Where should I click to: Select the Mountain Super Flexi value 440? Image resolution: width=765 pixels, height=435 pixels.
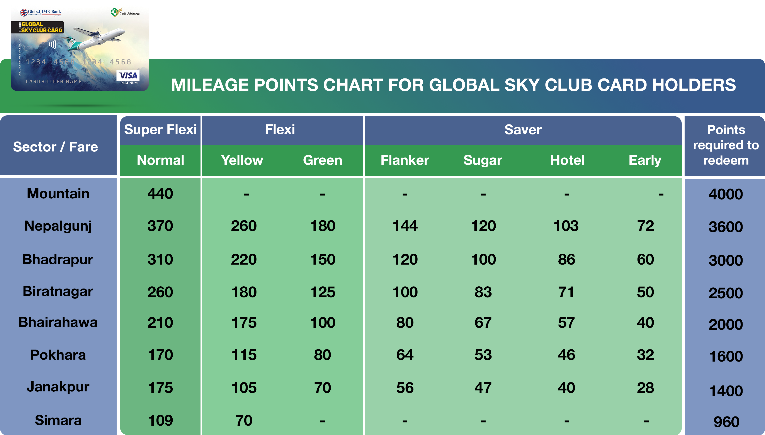(160, 194)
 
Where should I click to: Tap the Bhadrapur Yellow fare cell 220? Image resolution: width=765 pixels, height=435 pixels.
(244, 259)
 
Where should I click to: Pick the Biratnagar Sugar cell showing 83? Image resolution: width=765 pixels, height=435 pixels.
(483, 292)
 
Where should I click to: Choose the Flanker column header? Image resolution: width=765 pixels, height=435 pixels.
(405, 160)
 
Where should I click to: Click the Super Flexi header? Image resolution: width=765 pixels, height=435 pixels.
(160, 130)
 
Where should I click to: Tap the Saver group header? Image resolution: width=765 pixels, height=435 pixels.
(523, 130)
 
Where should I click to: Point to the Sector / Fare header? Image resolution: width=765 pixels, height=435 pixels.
(56, 147)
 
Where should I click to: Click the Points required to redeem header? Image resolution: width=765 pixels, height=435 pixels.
(726, 145)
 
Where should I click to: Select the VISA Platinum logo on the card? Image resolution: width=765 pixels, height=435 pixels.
(128, 77)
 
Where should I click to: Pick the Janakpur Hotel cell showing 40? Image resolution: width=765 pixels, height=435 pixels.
(566, 388)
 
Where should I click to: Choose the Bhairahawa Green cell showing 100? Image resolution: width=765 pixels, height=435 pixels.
(323, 323)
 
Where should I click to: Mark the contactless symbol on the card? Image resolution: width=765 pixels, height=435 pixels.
(53, 44)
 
